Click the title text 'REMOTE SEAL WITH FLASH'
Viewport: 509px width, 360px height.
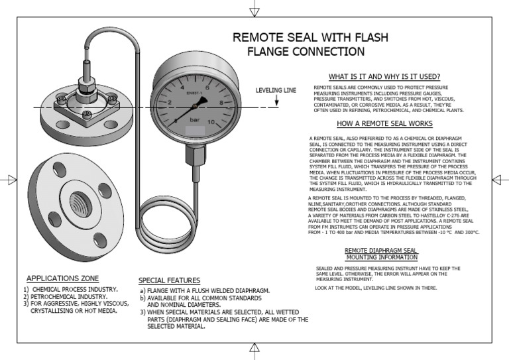310,37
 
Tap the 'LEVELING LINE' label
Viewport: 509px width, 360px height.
276,90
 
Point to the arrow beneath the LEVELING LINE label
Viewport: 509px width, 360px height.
276,101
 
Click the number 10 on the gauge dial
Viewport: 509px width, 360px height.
211,122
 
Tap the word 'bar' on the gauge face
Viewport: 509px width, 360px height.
195,121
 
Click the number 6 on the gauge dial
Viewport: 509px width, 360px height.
207,87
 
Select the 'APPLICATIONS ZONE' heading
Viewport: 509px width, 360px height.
62,278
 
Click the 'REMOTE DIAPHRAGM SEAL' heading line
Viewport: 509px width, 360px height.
381,250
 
